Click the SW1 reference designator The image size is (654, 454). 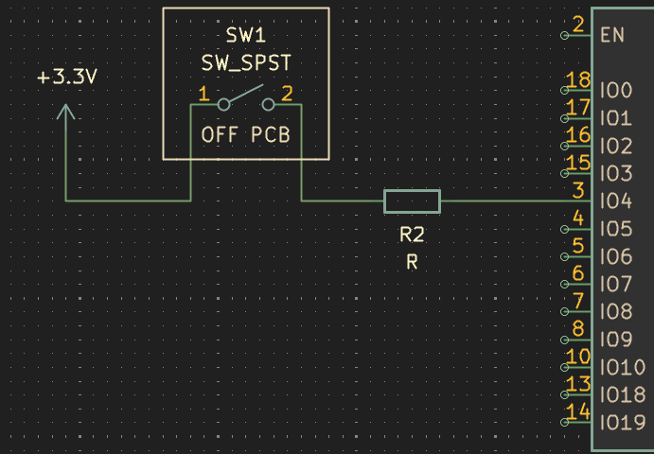click(x=246, y=36)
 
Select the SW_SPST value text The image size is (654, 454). click(x=246, y=63)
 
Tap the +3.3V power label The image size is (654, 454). click(x=67, y=78)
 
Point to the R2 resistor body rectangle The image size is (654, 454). click(x=412, y=201)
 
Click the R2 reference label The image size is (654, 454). click(x=412, y=236)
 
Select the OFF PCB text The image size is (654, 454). click(x=246, y=135)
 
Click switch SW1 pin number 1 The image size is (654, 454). click(x=203, y=95)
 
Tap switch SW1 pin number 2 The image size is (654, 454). click(x=287, y=95)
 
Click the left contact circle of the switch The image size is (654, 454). click(x=224, y=105)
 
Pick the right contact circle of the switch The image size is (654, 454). click(x=268, y=105)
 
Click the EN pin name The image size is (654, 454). click(x=612, y=35)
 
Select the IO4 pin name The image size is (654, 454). click(x=616, y=201)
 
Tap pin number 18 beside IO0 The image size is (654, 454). click(x=578, y=80)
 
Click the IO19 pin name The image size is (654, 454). click(x=623, y=423)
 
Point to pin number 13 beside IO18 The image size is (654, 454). click(x=578, y=384)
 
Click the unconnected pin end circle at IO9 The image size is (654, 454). click(x=565, y=340)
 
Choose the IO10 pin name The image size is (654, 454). click(x=623, y=368)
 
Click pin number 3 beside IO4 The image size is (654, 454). click(x=578, y=191)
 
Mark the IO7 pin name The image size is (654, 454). click(x=616, y=285)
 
